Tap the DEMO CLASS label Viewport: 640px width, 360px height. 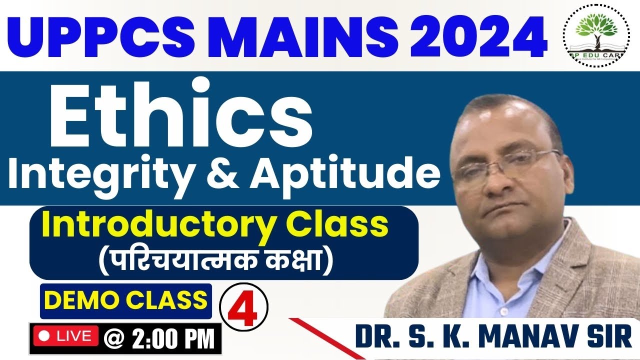pyautogui.click(x=126, y=300)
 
